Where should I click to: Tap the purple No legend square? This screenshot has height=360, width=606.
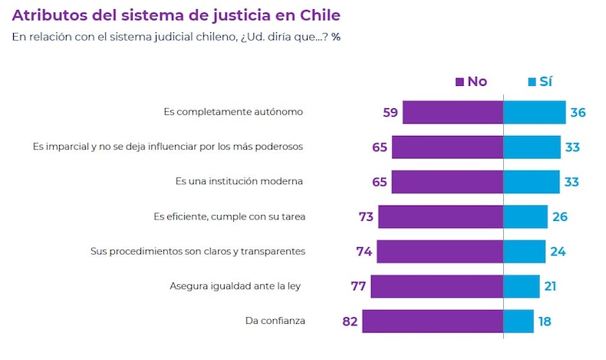pyautogui.click(x=460, y=82)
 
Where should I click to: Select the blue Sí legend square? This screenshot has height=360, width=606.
pyautogui.click(x=531, y=82)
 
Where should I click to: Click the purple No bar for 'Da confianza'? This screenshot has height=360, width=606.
pyautogui.click(x=433, y=321)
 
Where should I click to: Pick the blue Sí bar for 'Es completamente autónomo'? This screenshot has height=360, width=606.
pyautogui.click(x=534, y=112)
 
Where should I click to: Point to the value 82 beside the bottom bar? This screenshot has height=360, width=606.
pyautogui.click(x=351, y=321)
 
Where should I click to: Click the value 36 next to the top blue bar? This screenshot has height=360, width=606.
pyautogui.click(x=578, y=112)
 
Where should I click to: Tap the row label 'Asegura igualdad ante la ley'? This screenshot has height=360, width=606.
pyautogui.click(x=235, y=286)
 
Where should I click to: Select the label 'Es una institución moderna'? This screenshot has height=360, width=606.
pyautogui.click(x=239, y=182)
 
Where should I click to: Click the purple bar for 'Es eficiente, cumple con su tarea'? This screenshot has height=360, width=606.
pyautogui.click(x=440, y=216)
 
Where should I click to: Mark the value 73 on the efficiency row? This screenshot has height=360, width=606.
pyautogui.click(x=366, y=216)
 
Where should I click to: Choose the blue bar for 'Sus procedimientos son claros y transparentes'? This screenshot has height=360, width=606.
pyautogui.click(x=524, y=251)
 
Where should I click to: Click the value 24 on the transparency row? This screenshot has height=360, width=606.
pyautogui.click(x=557, y=251)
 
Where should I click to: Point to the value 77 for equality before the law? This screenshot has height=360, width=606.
pyautogui.click(x=359, y=286)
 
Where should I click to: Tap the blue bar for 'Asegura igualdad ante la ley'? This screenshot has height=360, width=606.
pyautogui.click(x=521, y=286)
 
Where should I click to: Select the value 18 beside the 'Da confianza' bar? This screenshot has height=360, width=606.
pyautogui.click(x=545, y=321)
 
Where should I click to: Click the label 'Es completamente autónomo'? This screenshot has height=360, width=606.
pyautogui.click(x=233, y=112)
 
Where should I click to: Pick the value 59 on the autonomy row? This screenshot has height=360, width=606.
pyautogui.click(x=390, y=112)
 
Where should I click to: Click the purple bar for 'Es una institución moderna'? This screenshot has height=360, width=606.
pyautogui.click(x=447, y=182)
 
